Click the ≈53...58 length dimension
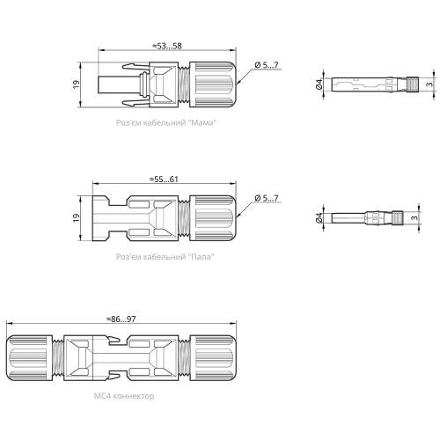[x=167, y=46]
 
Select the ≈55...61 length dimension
[x=164, y=180]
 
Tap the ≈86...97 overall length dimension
[x=121, y=319]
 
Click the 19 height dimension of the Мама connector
[x=76, y=84]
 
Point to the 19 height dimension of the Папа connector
[x=76, y=217]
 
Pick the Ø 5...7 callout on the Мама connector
[x=267, y=65]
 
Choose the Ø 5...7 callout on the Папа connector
[x=267, y=198]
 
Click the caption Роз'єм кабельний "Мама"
[x=166, y=122]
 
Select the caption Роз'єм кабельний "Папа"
[x=165, y=257]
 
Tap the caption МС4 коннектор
[x=124, y=396]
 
